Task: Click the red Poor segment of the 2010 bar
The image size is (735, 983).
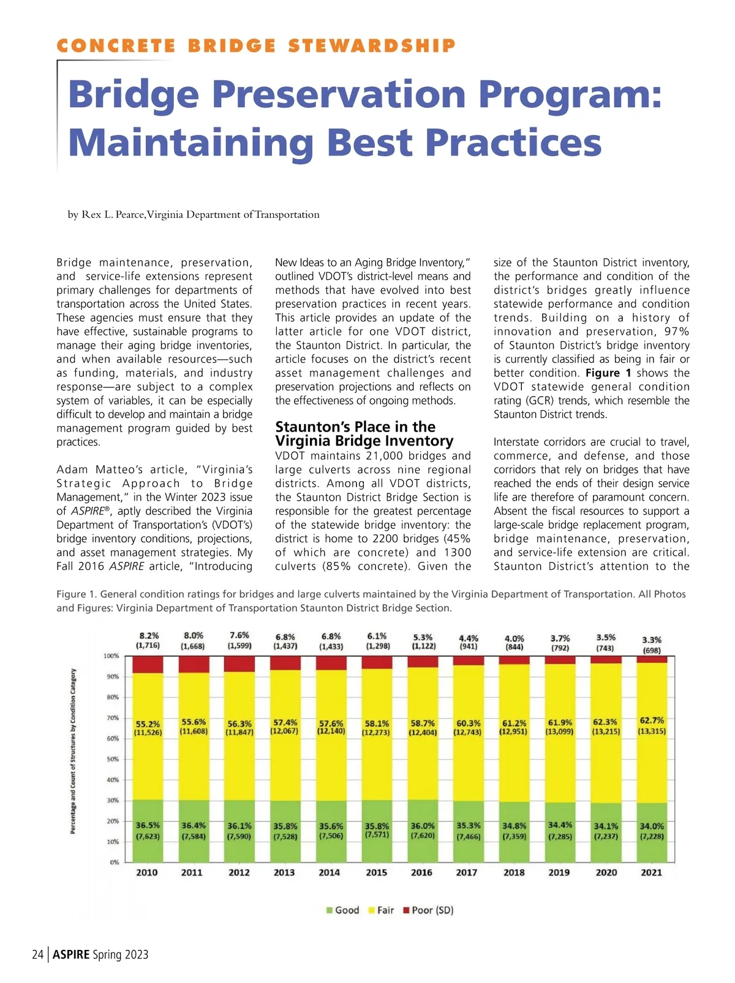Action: (148, 664)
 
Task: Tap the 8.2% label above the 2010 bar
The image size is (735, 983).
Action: (148, 636)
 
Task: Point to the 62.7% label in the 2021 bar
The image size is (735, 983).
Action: (652, 720)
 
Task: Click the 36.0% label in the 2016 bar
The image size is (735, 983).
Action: (423, 826)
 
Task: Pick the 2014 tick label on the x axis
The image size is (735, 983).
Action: (329, 873)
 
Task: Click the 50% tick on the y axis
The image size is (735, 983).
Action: (113, 760)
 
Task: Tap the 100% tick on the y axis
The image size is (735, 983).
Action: (111, 656)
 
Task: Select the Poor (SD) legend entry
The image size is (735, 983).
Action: (428, 910)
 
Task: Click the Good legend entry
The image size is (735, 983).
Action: (342, 910)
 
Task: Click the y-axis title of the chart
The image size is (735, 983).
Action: (73, 751)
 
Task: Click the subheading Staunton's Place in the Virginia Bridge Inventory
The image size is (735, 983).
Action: (364, 434)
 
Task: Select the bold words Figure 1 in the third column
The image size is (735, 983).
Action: (608, 373)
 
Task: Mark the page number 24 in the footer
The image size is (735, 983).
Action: (38, 954)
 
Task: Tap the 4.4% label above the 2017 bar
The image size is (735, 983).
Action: (469, 638)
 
